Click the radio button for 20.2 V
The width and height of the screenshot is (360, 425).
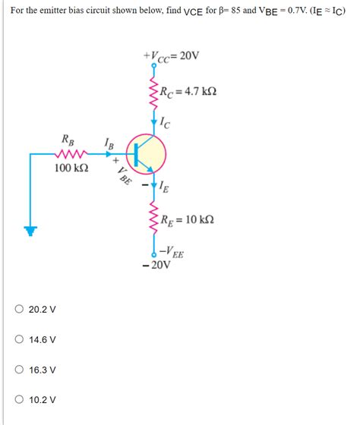coord(19,310)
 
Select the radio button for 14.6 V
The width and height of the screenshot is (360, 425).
coord(19,340)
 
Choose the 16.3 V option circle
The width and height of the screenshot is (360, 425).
coord(19,370)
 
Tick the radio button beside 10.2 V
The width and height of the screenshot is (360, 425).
coord(19,399)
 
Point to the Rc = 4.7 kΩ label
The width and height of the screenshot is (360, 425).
coord(188,93)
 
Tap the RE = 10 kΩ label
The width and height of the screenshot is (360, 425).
coord(186,219)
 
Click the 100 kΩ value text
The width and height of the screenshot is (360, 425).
coord(71,168)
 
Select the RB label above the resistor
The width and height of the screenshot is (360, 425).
coord(68,140)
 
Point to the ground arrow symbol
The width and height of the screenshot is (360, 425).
coord(30,231)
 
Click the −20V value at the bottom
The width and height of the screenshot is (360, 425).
coord(156,266)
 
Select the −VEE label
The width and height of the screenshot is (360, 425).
coord(171,253)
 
